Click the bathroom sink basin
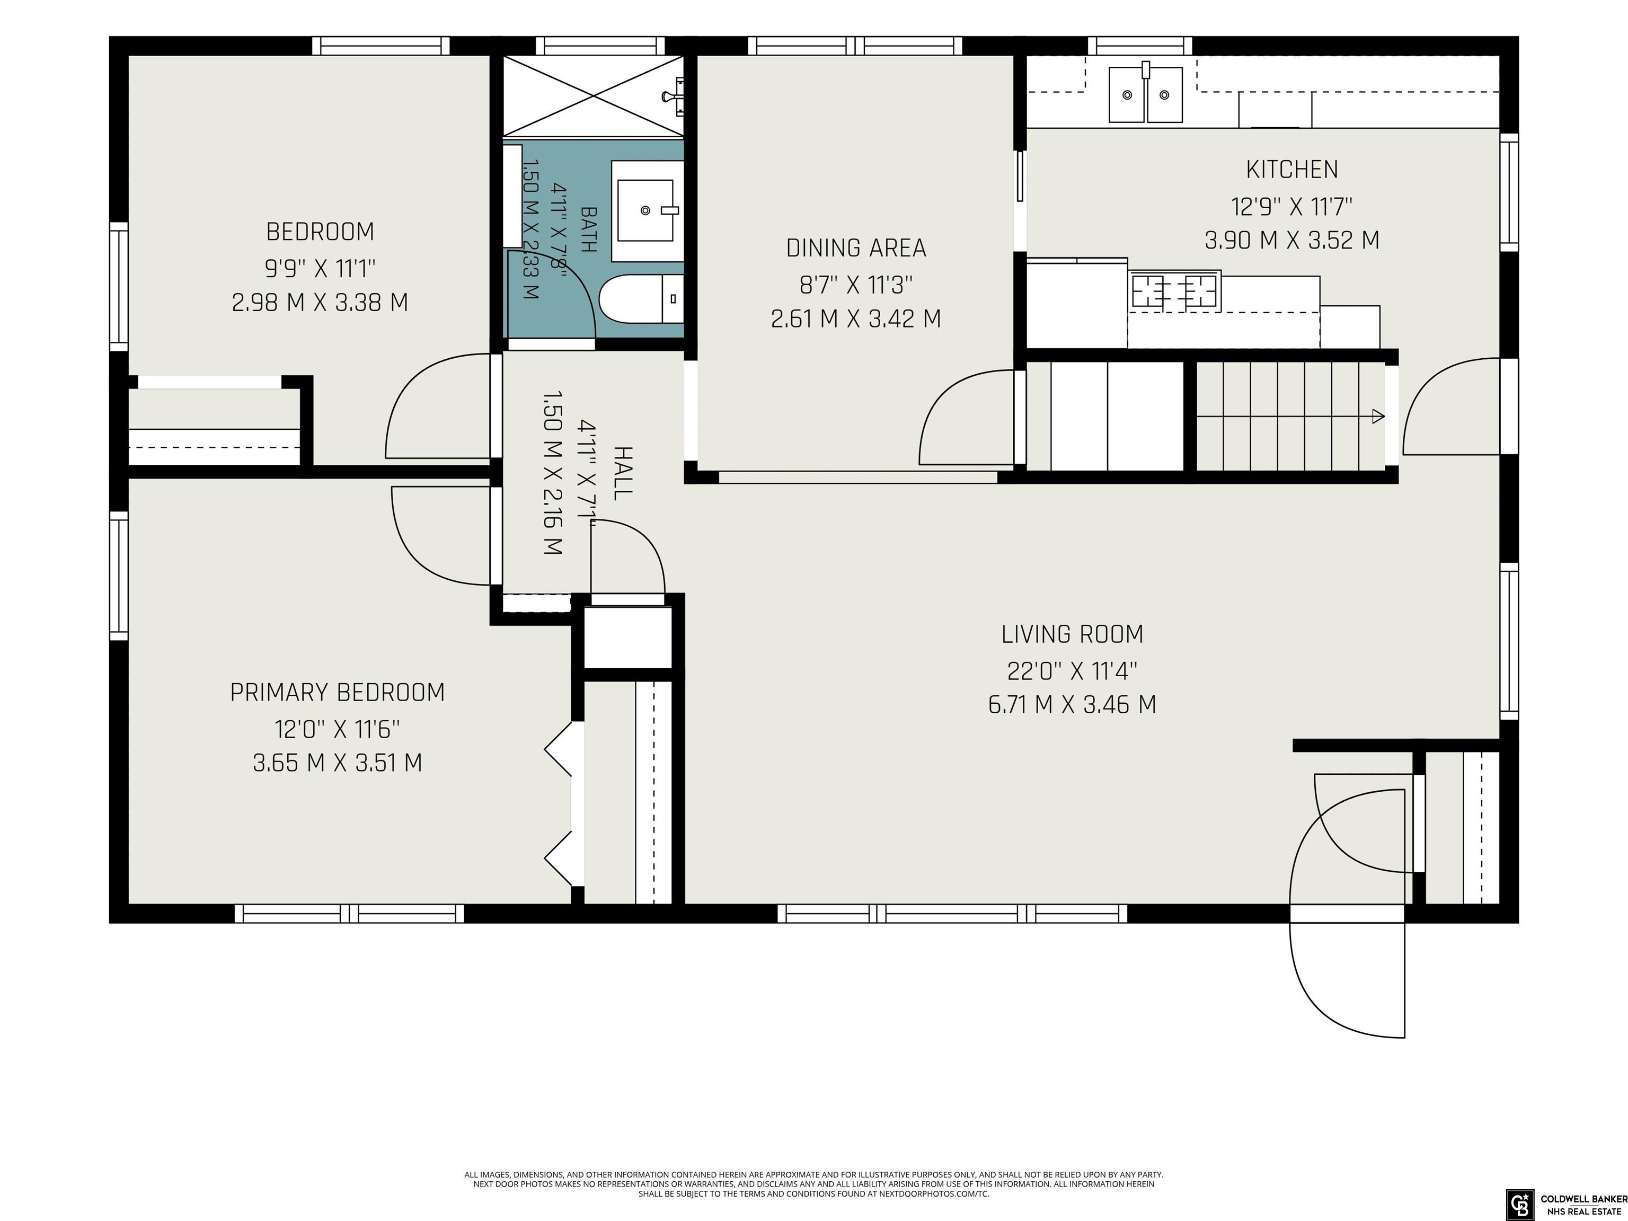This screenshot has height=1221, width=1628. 645,210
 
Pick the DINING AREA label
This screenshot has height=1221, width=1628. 856,249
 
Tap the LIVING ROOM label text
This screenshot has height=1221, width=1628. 1072,634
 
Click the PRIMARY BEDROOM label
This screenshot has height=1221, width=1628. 338,693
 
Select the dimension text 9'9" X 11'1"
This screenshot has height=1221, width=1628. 320,269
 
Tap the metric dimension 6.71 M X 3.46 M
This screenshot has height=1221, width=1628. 1072,705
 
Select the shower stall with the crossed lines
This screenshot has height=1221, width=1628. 593,96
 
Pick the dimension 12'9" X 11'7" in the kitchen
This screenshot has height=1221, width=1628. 1291,207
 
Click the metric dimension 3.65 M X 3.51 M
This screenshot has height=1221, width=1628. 338,763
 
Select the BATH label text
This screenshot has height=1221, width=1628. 588,229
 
